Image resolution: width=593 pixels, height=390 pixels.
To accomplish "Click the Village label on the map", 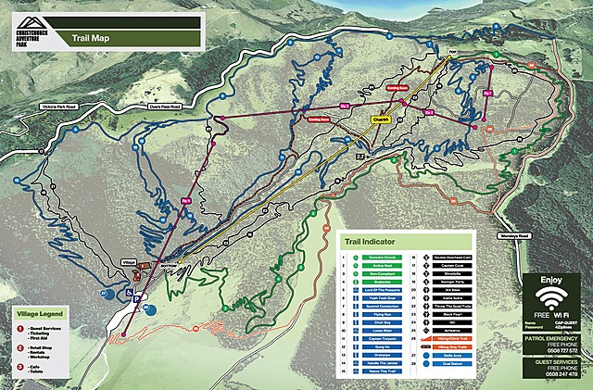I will (129, 263).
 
